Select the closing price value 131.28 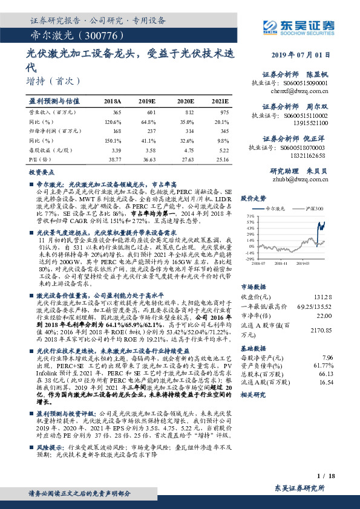324,297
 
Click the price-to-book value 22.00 325,316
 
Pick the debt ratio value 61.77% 323,366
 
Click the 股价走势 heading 254,198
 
